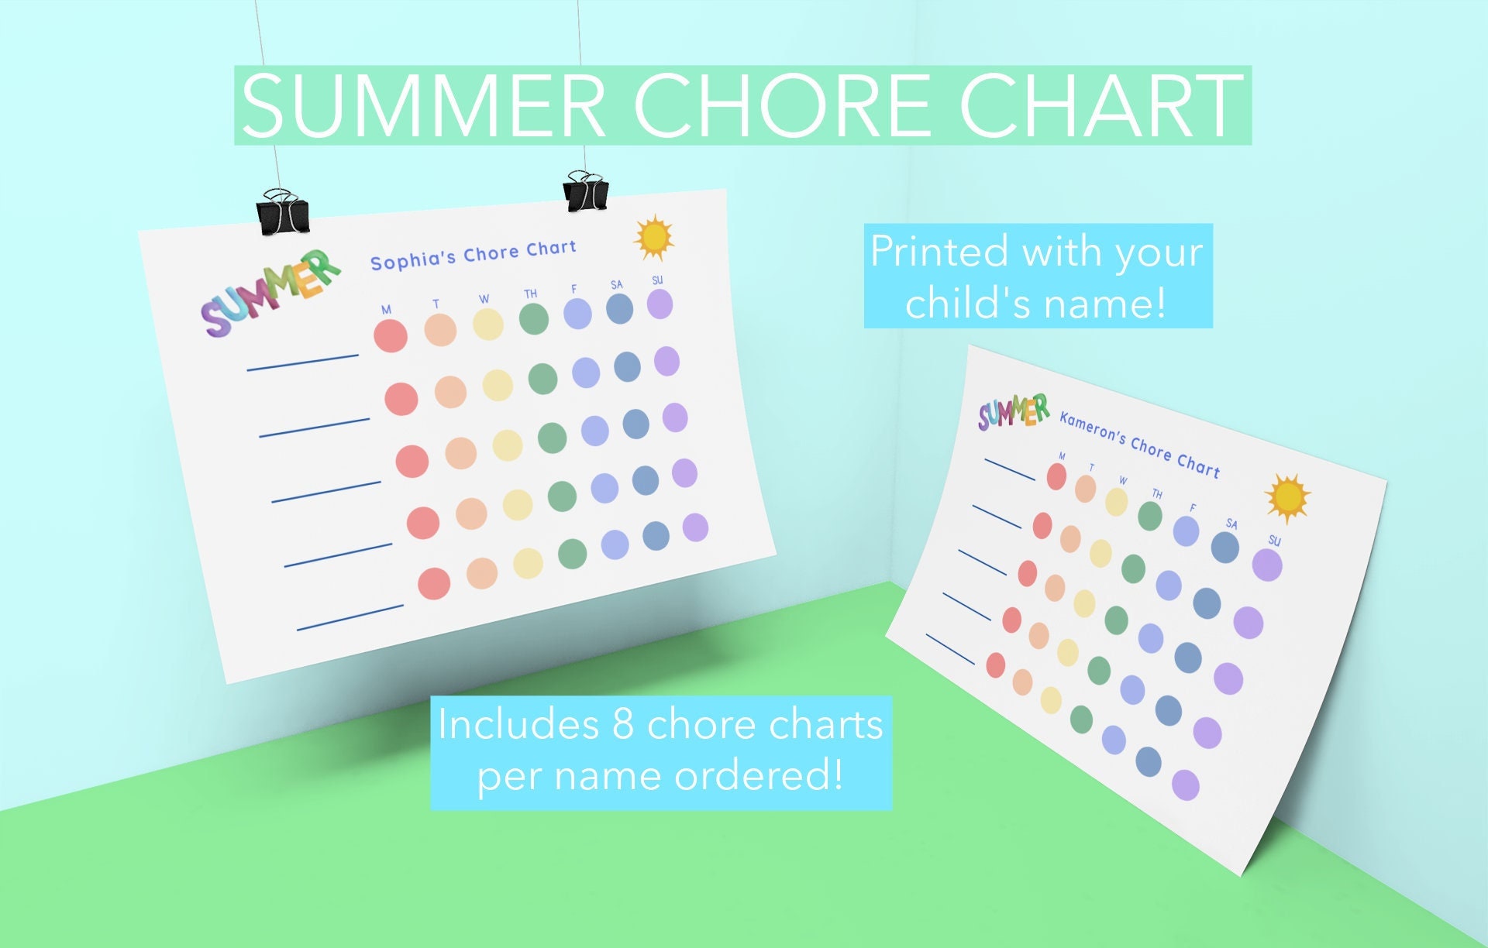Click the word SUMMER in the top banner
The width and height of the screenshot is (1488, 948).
click(x=422, y=105)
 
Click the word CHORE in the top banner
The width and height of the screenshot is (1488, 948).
click(x=787, y=105)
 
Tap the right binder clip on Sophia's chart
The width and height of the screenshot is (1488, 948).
click(x=586, y=192)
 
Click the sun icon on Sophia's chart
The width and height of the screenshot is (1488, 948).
click(x=654, y=237)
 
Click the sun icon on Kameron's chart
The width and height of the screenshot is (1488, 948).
click(x=1287, y=498)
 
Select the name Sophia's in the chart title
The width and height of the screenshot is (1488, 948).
click(x=413, y=259)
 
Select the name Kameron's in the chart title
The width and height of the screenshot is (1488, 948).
click(x=1092, y=428)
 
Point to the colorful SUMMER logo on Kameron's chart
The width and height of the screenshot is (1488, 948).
click(x=1013, y=411)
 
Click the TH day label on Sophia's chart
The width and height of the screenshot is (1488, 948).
click(x=530, y=294)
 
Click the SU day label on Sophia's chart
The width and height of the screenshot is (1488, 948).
click(x=657, y=280)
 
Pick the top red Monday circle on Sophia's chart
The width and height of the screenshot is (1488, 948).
click(x=391, y=336)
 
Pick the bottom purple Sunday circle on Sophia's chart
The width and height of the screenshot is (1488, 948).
click(x=695, y=527)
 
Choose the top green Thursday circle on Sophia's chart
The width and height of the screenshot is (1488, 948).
click(x=534, y=318)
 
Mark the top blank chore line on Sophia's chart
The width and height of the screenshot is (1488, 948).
click(x=302, y=362)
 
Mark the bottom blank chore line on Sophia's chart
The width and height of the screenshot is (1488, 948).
click(x=350, y=617)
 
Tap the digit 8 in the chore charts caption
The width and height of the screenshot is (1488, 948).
click(x=623, y=725)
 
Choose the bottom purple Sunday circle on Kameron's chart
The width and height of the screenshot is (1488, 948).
click(x=1185, y=785)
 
